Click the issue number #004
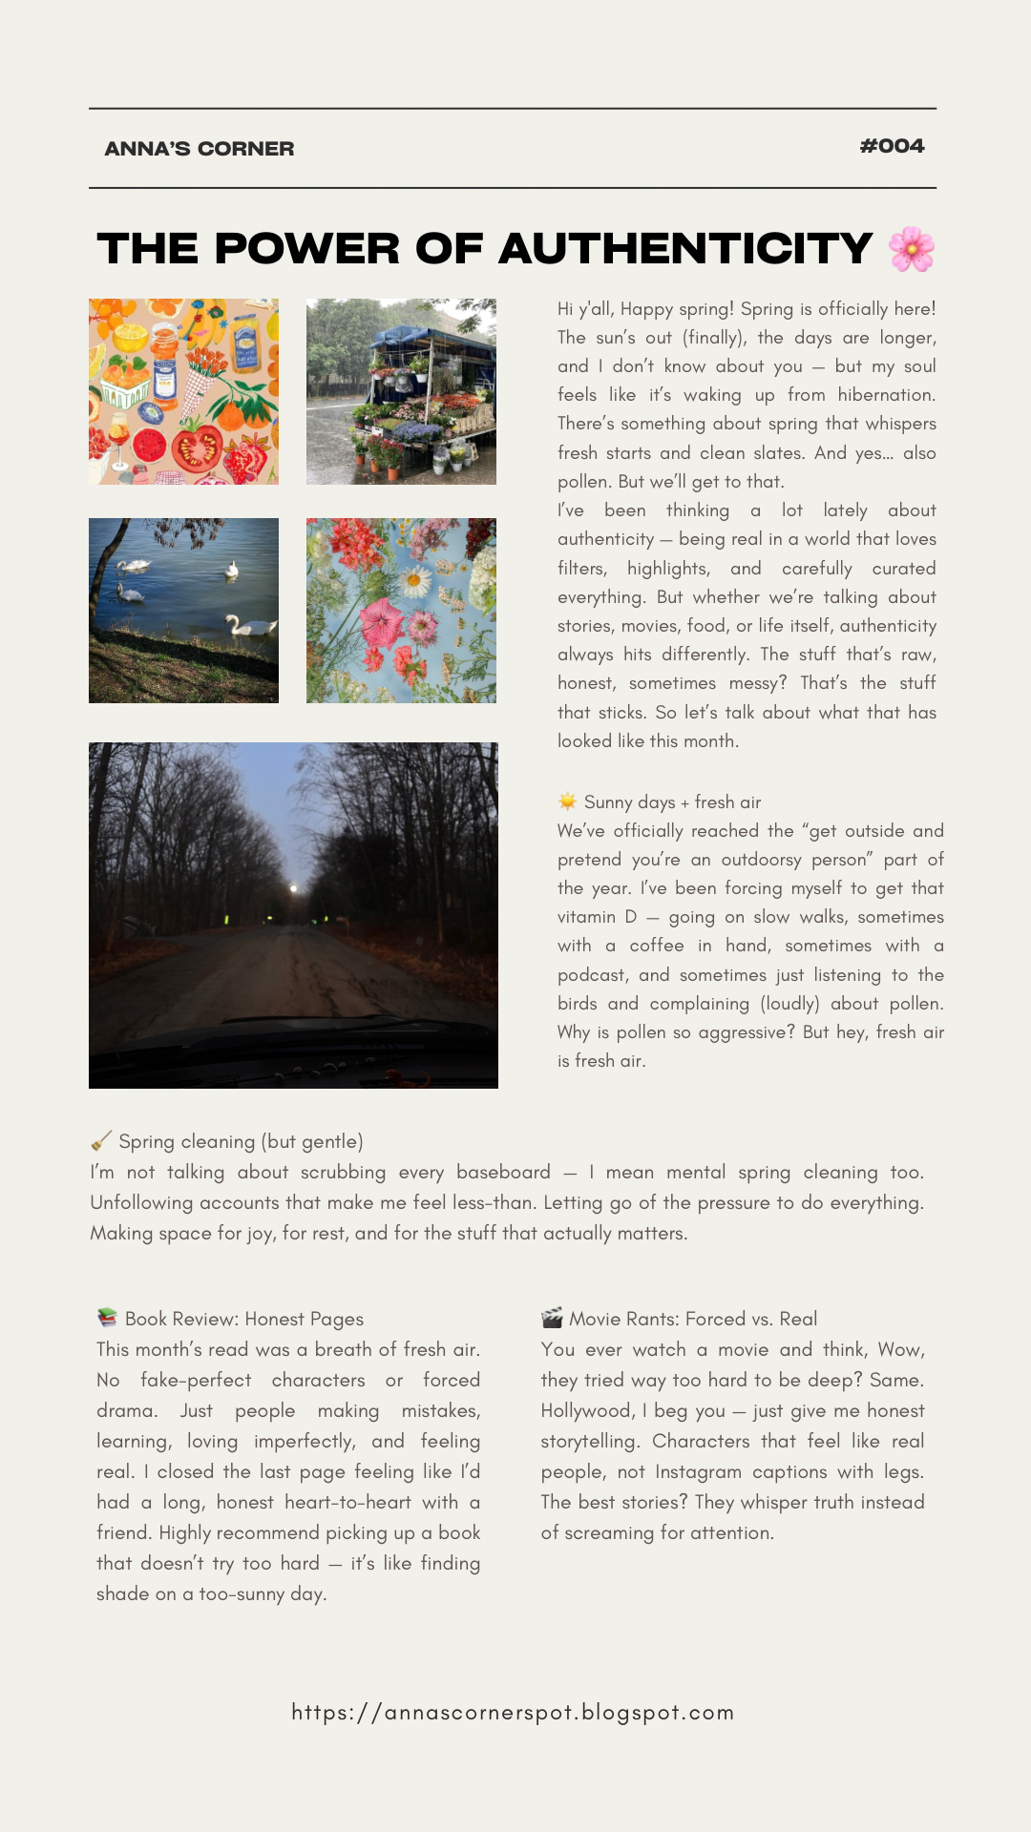892,146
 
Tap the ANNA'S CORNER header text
200,149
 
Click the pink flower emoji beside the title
912,249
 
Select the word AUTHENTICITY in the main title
685,249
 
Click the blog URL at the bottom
513,1712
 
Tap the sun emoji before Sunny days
568,801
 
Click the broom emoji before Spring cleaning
100,1141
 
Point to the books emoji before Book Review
107,1318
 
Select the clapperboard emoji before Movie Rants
552,1318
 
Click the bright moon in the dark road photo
294,888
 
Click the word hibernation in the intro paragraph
886,395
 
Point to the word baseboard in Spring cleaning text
503,1172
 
